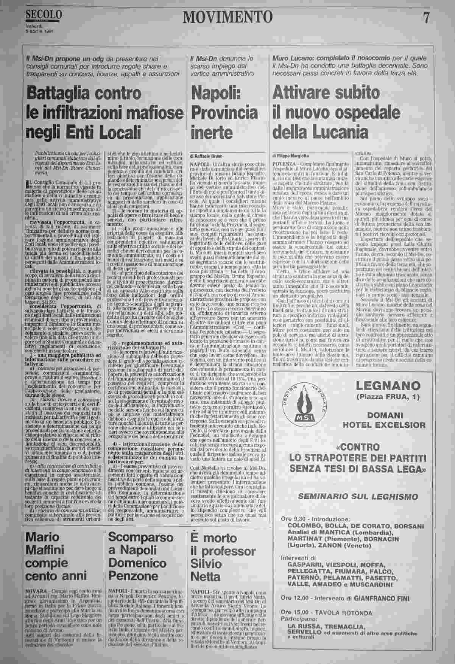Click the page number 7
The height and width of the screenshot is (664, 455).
pyautogui.click(x=426, y=17)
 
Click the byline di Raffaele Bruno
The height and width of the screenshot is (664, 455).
pyautogui.click(x=206, y=156)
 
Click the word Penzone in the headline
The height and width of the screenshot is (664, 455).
pyautogui.click(x=133, y=577)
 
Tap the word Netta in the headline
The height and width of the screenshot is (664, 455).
pyautogui.click(x=205, y=577)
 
